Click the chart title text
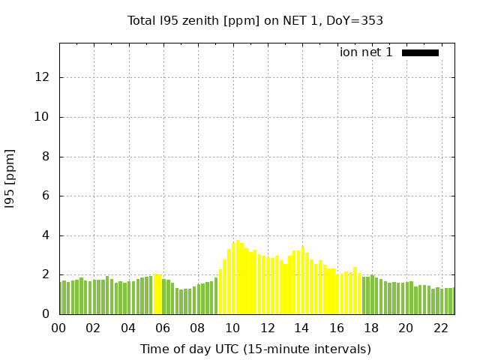255,20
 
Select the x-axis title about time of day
255,349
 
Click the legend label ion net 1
366,52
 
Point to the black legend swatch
420,52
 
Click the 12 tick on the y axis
43,77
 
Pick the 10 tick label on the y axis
43,117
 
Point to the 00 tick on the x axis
59,328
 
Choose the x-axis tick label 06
163,328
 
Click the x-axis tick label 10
232,328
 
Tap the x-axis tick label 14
301,328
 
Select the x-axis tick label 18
371,328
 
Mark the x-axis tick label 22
440,328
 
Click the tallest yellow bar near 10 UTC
238,277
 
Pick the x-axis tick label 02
94,328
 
